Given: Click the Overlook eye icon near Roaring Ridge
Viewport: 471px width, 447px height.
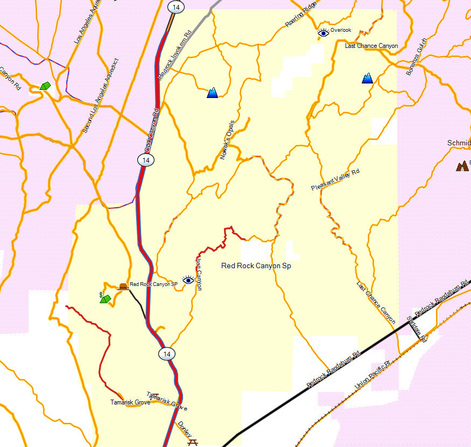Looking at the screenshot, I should [x=323, y=33].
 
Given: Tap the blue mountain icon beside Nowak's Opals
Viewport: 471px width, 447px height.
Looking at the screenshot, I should [x=213, y=93].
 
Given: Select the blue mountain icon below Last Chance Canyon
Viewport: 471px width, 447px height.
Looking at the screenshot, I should [x=368, y=79].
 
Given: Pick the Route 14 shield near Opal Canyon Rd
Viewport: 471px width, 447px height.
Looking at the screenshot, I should [x=144, y=160].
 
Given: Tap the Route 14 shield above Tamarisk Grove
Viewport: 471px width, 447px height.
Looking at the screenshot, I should [x=166, y=354].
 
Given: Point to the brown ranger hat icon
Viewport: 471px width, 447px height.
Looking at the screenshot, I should [x=123, y=287].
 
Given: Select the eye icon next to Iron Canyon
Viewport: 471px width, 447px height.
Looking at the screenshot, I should [x=188, y=280].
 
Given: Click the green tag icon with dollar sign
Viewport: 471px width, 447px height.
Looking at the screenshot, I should [x=105, y=298].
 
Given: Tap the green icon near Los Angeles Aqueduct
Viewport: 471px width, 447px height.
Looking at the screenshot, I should [x=45, y=86].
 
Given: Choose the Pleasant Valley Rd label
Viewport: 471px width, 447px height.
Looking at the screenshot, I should [x=335, y=180].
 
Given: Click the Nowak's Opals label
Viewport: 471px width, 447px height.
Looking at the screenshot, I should [x=226, y=140].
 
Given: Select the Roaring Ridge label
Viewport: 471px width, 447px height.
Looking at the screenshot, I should [x=301, y=16].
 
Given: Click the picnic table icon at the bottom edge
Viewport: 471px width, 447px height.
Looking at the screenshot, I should [x=193, y=442].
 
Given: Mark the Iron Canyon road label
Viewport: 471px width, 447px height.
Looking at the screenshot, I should [x=198, y=274].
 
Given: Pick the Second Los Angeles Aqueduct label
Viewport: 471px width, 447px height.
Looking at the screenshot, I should [x=101, y=96].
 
